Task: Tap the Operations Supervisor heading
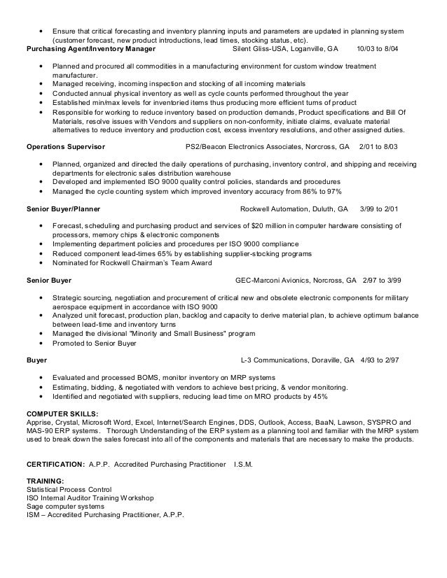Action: pyautogui.click(x=65, y=148)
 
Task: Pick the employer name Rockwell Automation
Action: pyautogui.click(x=275, y=209)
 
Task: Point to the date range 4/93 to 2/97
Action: pyautogui.click(x=379, y=361)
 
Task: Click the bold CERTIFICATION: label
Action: pyautogui.click(x=55, y=465)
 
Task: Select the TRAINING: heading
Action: pyautogui.click(x=45, y=481)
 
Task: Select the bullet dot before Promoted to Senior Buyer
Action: pyautogui.click(x=44, y=344)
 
